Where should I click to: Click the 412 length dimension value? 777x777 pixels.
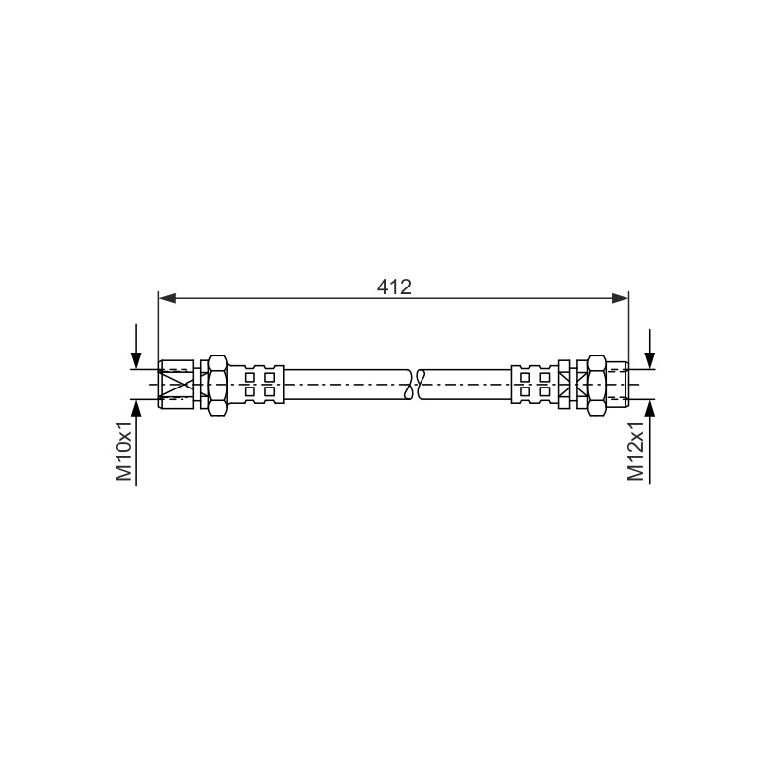pos(394,287)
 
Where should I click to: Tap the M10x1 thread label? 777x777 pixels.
pos(124,452)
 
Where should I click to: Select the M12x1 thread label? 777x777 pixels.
pos(636,452)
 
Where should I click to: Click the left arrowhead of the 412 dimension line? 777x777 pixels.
pos(167,298)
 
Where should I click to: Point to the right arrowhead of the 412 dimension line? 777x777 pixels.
pos(620,298)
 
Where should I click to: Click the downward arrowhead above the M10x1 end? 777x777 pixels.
pos(136,359)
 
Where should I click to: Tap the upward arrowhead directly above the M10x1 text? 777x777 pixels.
pos(136,408)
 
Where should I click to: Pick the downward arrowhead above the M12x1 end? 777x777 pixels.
pos(649,359)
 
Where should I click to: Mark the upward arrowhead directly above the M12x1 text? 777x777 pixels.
pos(649,408)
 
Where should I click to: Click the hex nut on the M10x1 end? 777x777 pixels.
pos(218,385)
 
